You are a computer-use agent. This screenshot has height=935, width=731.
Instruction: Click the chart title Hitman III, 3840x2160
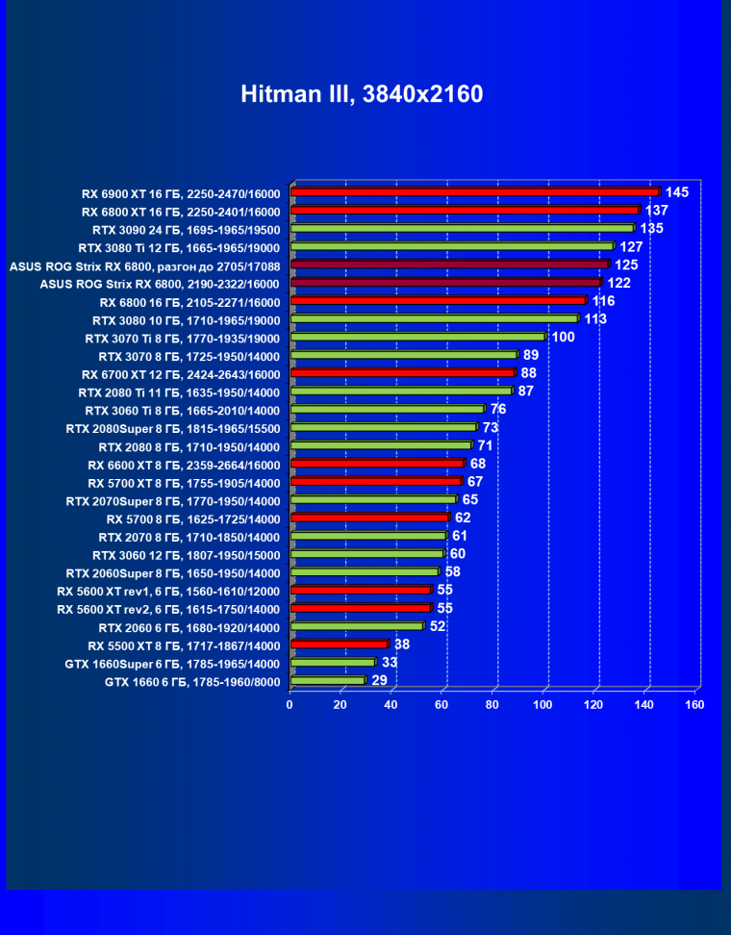pyautogui.click(x=362, y=94)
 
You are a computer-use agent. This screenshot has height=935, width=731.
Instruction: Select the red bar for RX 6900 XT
pyautogui.click(x=473, y=191)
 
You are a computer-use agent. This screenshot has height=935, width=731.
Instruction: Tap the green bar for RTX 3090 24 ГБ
pyautogui.click(x=462, y=228)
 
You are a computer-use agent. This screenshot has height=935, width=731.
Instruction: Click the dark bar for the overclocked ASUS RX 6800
pyautogui.click(x=449, y=264)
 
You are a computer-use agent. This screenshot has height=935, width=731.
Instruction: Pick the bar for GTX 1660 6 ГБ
pyautogui.click(x=327, y=680)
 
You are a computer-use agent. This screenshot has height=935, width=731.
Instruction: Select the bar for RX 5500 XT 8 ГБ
pyautogui.click(x=339, y=644)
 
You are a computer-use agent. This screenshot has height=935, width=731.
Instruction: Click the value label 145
pyautogui.click(x=677, y=192)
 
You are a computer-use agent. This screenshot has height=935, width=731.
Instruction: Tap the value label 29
pyautogui.click(x=380, y=680)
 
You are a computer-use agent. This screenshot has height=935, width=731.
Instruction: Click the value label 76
pyautogui.click(x=499, y=409)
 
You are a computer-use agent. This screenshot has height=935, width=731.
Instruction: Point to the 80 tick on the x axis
pyautogui.click(x=493, y=704)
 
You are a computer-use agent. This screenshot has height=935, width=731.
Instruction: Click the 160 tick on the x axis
pyautogui.click(x=694, y=704)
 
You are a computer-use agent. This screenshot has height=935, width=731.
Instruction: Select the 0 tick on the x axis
pyautogui.click(x=290, y=704)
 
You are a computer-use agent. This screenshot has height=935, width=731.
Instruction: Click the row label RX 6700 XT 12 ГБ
pyautogui.click(x=179, y=373)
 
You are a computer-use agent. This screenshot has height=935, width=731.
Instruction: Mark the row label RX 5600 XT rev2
pyautogui.click(x=168, y=609)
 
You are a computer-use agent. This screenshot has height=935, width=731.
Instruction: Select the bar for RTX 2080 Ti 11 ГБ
pyautogui.click(x=401, y=391)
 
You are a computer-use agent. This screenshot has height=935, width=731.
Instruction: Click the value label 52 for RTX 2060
pyautogui.click(x=438, y=626)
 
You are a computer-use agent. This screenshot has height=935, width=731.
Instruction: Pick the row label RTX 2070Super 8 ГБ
pyautogui.click(x=173, y=500)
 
